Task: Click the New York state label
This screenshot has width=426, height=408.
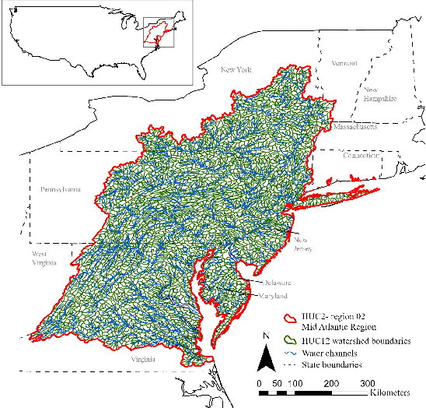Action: (x=238, y=70)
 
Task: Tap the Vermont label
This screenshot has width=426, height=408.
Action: (x=344, y=62)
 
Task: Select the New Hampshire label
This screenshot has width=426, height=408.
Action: (x=379, y=94)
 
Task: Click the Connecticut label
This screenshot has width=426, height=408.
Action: (x=361, y=156)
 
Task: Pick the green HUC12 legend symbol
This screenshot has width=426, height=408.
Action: (x=290, y=339)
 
